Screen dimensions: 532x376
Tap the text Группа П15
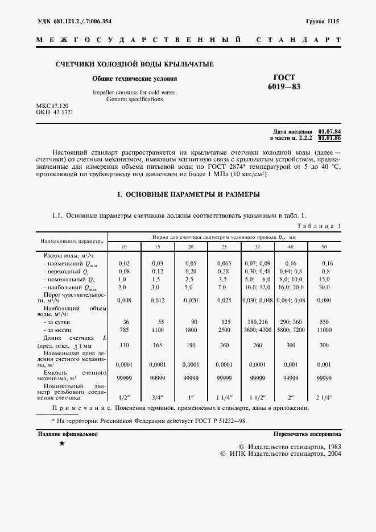coord(322,21)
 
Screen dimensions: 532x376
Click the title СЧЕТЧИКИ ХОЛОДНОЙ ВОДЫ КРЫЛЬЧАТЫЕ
coord(134,64)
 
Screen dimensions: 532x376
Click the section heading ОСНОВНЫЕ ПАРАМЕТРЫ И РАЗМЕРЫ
coord(188,194)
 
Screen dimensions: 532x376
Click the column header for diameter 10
coord(124,247)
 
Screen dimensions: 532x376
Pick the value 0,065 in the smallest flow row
coord(225,263)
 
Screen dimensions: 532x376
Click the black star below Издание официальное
coord(61,443)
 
